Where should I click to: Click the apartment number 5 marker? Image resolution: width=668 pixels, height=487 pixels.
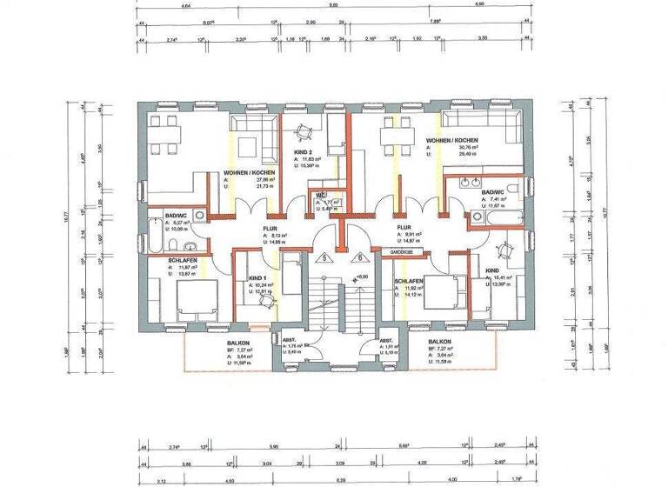tap(324, 257)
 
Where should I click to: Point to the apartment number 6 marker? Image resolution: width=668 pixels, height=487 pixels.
tap(357, 257)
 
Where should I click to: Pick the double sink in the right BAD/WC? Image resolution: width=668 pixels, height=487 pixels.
tap(465, 182)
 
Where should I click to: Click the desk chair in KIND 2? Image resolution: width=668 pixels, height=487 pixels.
tap(302, 132)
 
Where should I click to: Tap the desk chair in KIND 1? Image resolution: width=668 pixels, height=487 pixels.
tap(267, 301)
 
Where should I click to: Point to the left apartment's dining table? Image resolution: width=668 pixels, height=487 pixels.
tap(164, 133)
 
